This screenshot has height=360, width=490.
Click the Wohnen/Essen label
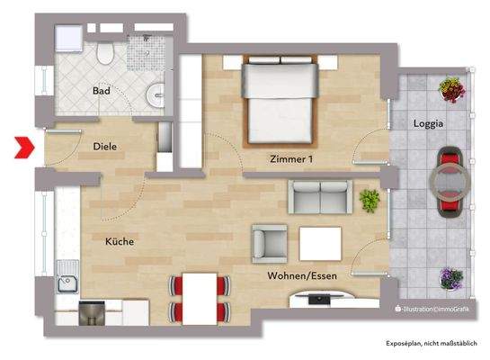click(x=297, y=276)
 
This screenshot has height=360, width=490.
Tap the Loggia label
click(x=427, y=123)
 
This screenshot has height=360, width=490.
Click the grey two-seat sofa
click(x=319, y=195)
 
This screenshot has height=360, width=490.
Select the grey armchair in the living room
click(x=272, y=241)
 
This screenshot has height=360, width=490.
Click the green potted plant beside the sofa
click(x=369, y=199)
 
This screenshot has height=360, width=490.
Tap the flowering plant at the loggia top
click(x=450, y=88)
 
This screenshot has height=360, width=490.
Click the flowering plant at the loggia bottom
click(x=450, y=279)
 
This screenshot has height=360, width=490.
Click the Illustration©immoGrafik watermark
click(x=430, y=310)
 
